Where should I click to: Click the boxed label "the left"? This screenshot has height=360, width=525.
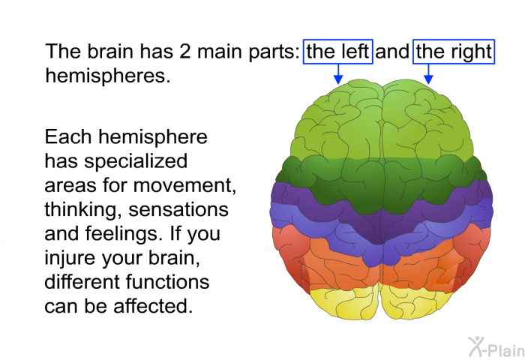click(337, 52)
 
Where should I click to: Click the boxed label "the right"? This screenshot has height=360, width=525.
click(454, 52)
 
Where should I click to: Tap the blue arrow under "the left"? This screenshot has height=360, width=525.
click(338, 74)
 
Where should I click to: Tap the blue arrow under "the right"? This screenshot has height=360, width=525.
click(428, 74)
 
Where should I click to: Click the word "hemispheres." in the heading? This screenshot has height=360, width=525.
click(108, 76)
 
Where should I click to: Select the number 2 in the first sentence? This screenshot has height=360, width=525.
click(184, 52)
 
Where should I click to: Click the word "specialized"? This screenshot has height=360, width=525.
click(136, 162)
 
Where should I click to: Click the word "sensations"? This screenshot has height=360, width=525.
click(178, 210)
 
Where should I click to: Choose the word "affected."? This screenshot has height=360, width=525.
click(153, 306)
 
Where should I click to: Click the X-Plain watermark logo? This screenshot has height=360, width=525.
click(496, 347)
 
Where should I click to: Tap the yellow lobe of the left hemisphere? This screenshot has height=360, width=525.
click(344, 302)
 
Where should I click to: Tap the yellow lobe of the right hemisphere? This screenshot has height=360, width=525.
click(415, 302)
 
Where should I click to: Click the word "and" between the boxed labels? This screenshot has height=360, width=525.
click(392, 52)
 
